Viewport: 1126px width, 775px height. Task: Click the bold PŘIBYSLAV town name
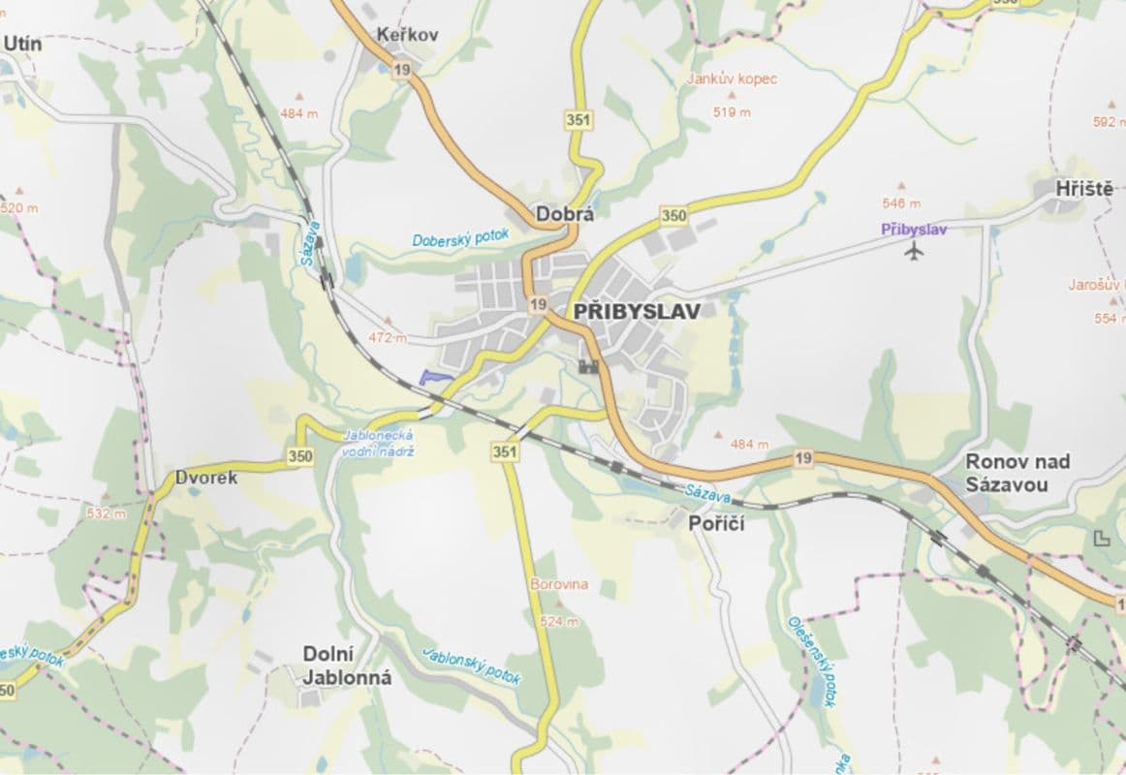637,311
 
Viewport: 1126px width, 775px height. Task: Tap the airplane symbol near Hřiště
913,252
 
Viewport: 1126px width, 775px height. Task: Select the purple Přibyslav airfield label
913,230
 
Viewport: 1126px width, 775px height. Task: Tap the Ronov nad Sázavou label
1017,473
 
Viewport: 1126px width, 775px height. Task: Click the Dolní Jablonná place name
347,666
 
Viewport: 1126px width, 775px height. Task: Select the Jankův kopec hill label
732,79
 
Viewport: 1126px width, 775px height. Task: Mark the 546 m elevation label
901,203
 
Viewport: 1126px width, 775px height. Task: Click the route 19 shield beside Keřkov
401,69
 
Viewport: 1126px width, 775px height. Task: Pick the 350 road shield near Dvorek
299,455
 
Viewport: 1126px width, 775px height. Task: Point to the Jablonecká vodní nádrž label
379,445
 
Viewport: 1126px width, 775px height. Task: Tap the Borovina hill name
559,585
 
